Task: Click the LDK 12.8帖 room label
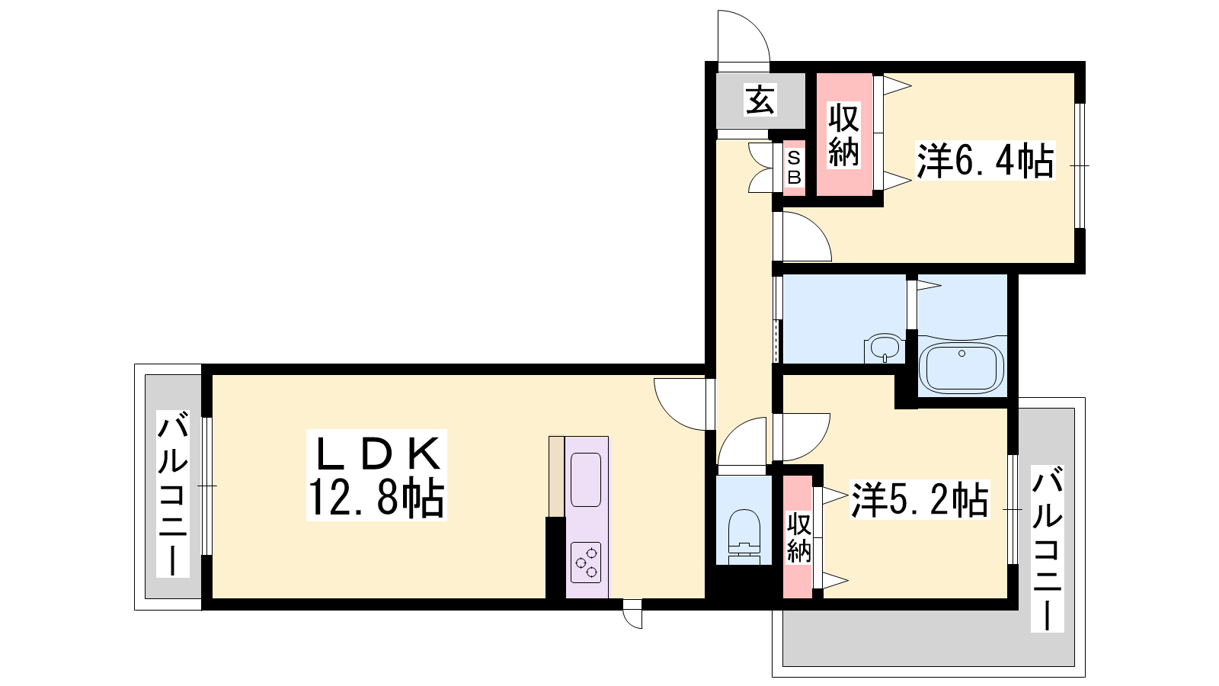(x=376, y=476)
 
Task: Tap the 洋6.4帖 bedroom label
(x=986, y=160)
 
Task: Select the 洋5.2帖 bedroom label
(x=920, y=498)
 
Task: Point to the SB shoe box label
(x=794, y=168)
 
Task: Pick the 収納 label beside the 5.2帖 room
(x=799, y=538)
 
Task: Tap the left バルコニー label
(x=173, y=494)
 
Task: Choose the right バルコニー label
(x=1048, y=549)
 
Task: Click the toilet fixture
(x=744, y=537)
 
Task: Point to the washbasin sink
(x=885, y=348)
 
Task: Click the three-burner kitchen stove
(x=586, y=562)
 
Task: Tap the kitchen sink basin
(x=586, y=479)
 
